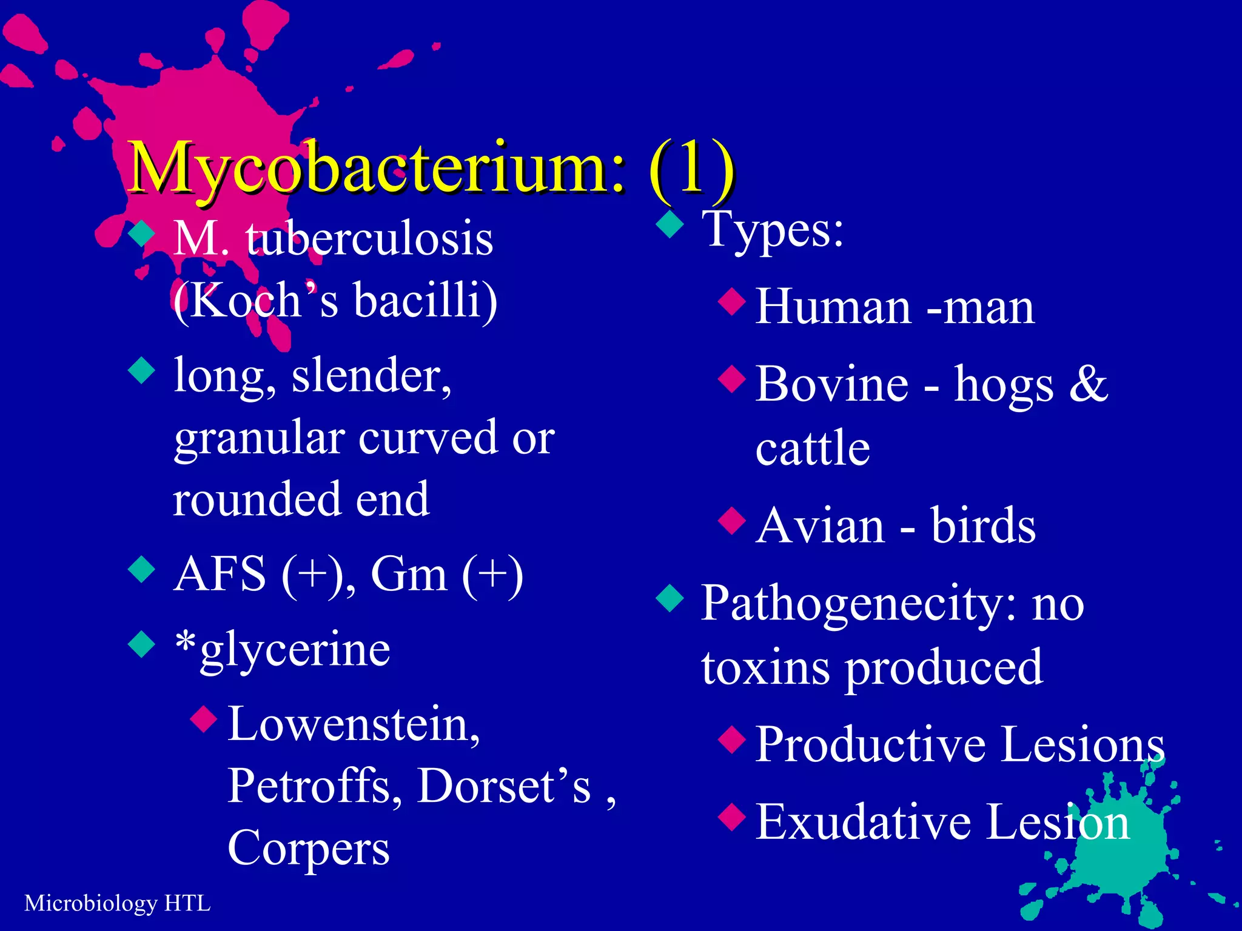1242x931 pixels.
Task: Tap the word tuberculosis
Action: point(369,239)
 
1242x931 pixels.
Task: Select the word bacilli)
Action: point(425,300)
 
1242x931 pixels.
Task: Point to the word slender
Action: point(371,376)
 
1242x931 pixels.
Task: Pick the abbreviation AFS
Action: point(220,574)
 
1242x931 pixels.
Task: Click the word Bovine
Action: point(832,384)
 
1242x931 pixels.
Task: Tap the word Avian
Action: point(821,526)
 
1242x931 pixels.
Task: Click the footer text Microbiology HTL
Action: point(117,903)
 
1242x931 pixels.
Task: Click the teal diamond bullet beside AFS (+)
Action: point(143,569)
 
